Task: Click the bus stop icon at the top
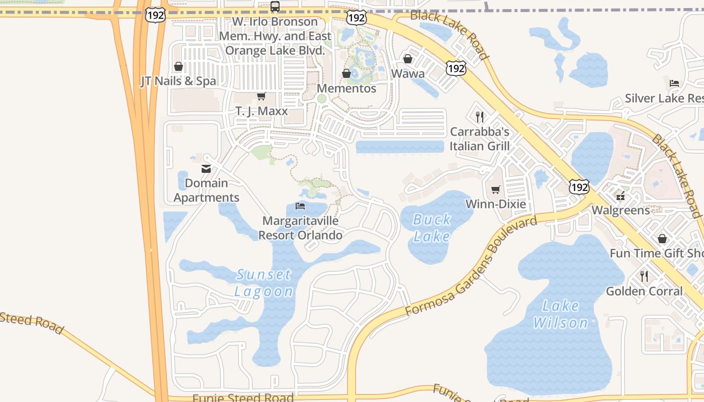coord(275,7)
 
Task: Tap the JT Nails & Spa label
coord(178,81)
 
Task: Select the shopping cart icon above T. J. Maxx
coord(261,96)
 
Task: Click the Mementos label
coord(346,88)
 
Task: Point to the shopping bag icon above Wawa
coord(408,59)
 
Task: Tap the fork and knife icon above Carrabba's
coord(480,117)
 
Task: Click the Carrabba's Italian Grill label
coord(480,139)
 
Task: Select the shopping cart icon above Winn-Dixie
coord(496,189)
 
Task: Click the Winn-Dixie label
coord(496,204)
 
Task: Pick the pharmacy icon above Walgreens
coord(621,195)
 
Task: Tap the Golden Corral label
coord(644,291)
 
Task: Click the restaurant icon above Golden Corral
coord(644,276)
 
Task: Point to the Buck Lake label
coord(431,228)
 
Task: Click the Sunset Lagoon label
coord(264,283)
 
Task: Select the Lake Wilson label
coord(561,314)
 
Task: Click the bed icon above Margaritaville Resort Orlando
coord(300,206)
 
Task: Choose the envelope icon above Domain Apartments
coord(206,169)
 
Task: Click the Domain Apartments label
coord(206,190)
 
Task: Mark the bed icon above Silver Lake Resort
coord(674,83)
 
